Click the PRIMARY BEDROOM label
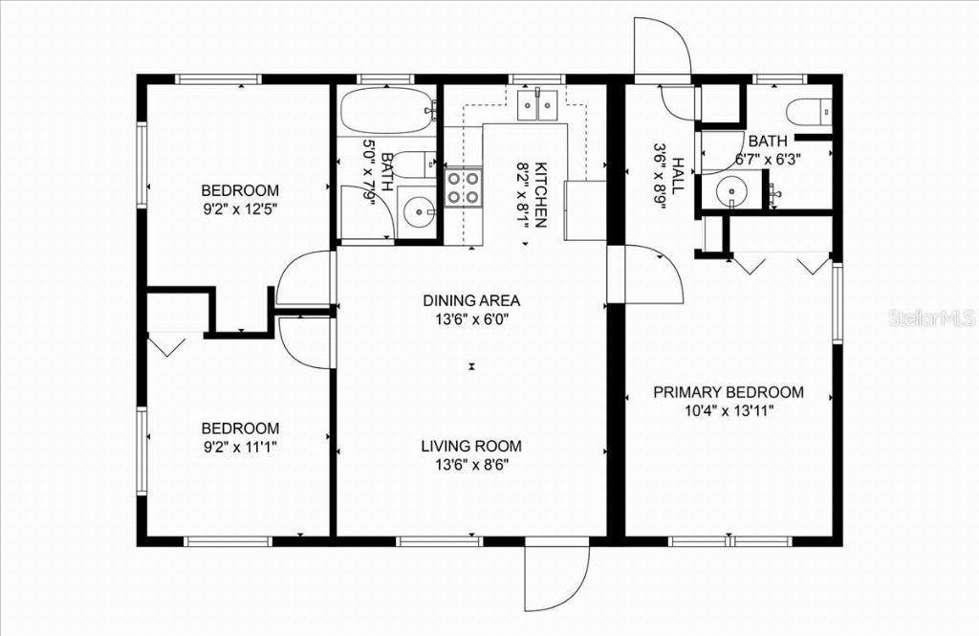click(728, 392)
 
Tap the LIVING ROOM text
click(471, 446)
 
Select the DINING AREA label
click(471, 300)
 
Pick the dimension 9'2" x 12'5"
click(239, 207)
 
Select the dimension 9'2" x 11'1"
click(239, 446)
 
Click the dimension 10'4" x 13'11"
click(728, 410)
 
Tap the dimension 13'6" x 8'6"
click(471, 465)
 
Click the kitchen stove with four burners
click(464, 187)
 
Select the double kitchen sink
click(535, 104)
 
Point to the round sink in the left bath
click(419, 213)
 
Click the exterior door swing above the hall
click(662, 48)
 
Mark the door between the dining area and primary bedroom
click(646, 274)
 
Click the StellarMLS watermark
click(930, 318)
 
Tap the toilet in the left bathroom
click(413, 164)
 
